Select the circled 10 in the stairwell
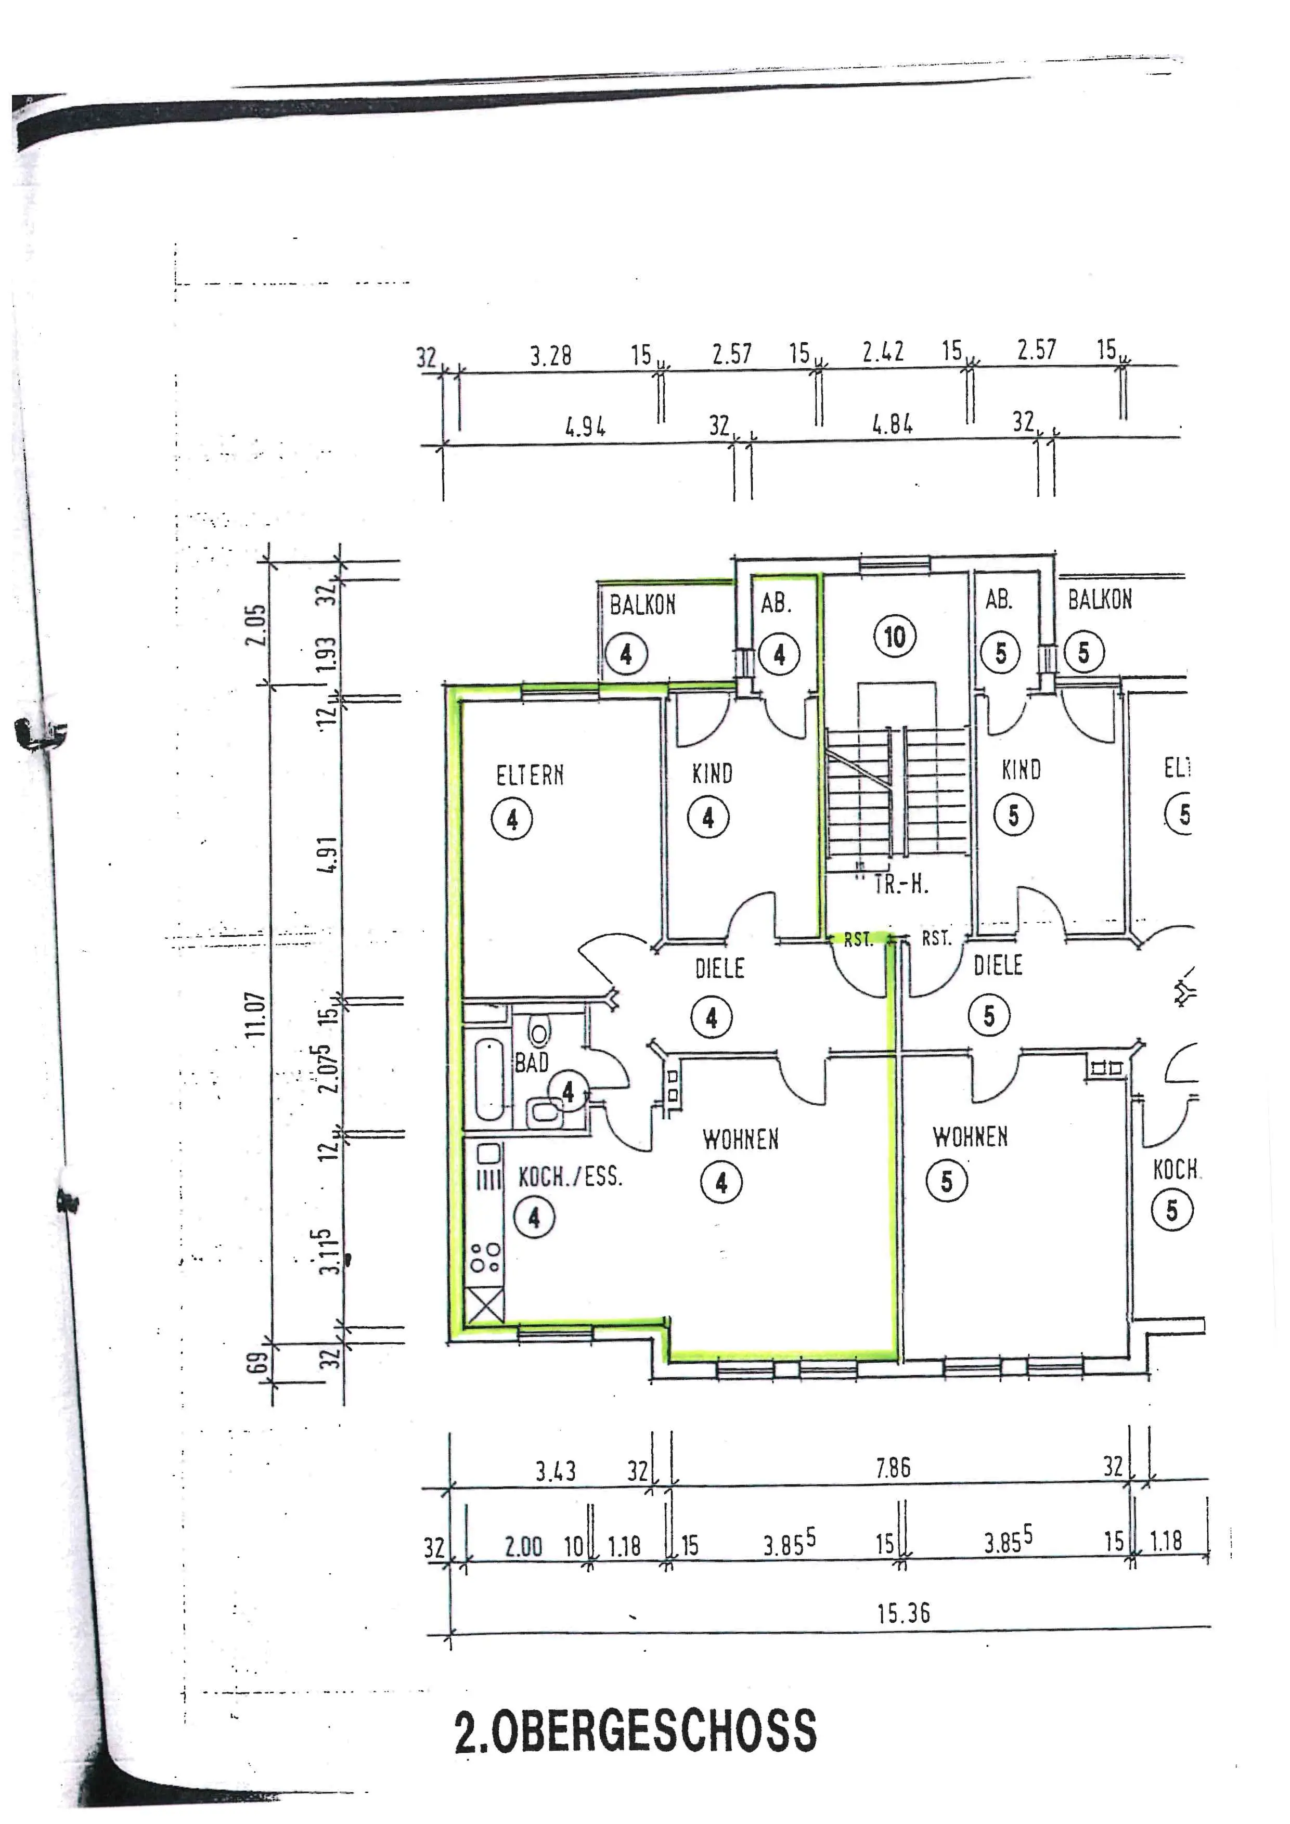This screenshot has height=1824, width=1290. [895, 636]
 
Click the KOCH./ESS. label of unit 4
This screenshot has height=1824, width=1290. [570, 1176]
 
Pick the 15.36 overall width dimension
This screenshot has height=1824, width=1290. [903, 1613]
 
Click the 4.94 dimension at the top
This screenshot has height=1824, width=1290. [585, 428]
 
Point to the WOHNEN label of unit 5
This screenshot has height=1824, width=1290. [970, 1137]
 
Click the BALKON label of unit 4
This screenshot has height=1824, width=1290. [642, 605]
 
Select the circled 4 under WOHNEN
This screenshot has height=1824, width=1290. [720, 1183]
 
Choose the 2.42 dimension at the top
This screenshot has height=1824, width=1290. [883, 353]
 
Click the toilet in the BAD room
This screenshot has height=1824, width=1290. [539, 1033]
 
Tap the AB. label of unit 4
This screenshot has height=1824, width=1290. [776, 604]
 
